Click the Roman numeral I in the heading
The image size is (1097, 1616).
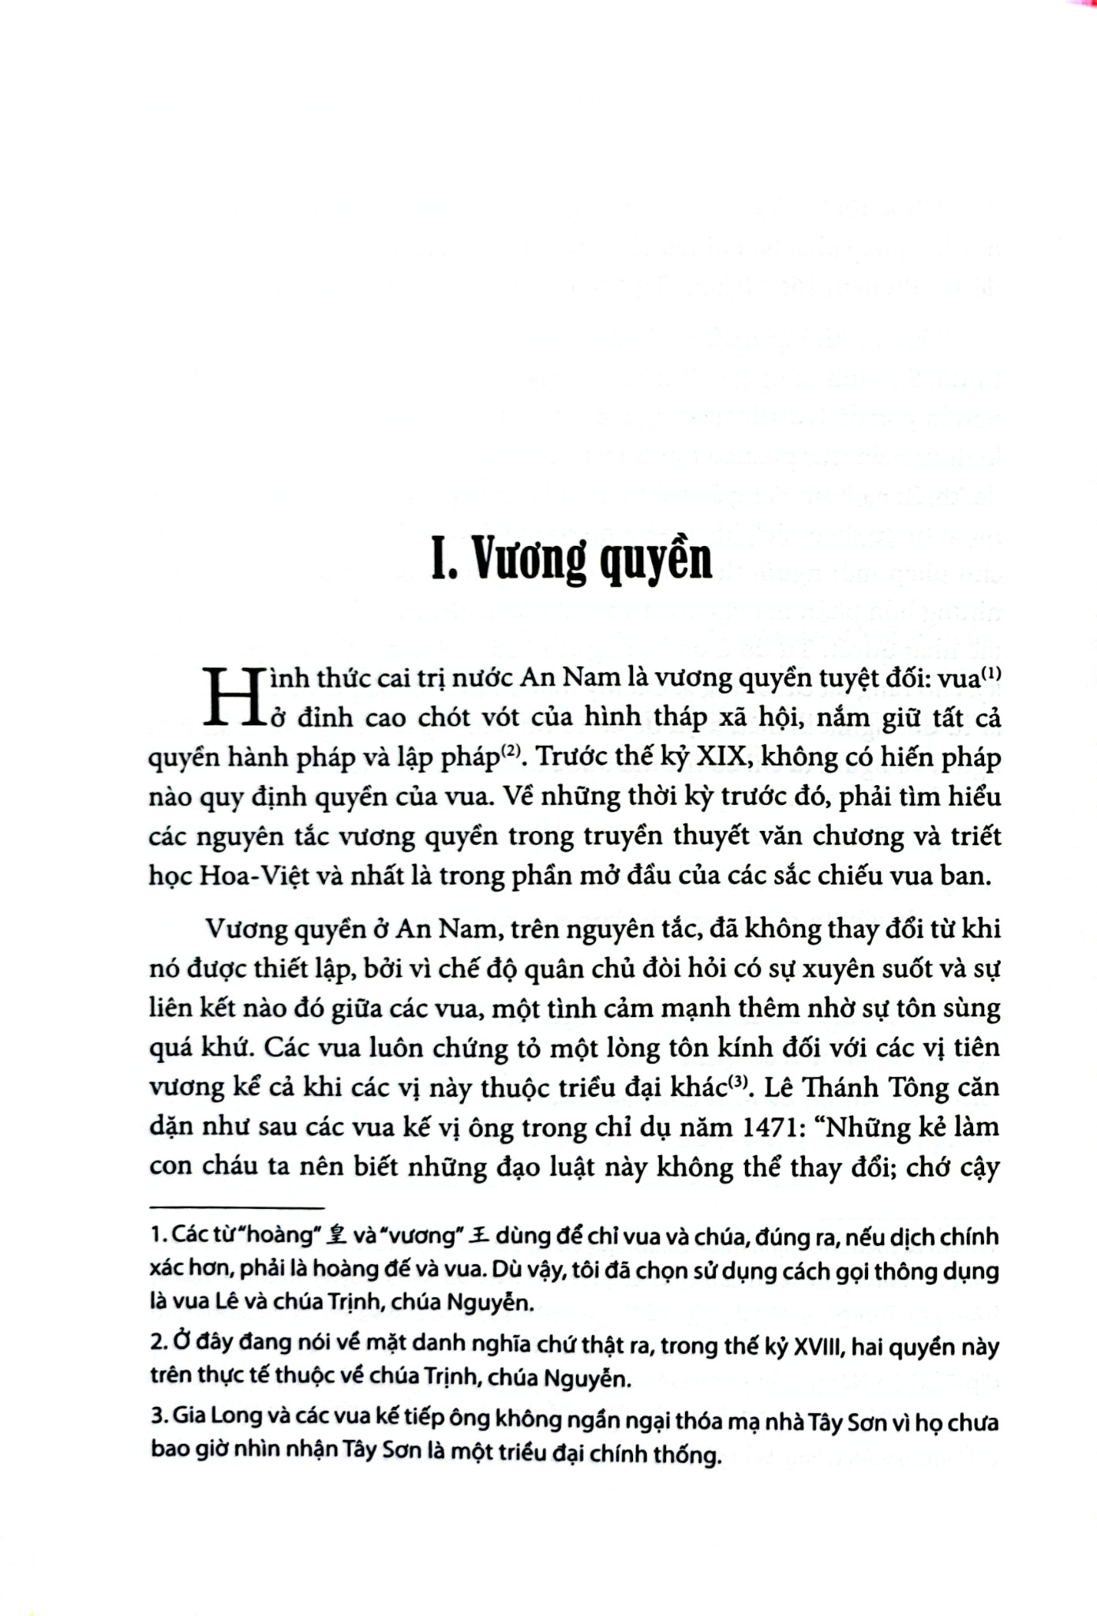440,560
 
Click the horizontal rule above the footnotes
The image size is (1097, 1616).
237,1208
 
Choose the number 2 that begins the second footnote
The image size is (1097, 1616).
155,1347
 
